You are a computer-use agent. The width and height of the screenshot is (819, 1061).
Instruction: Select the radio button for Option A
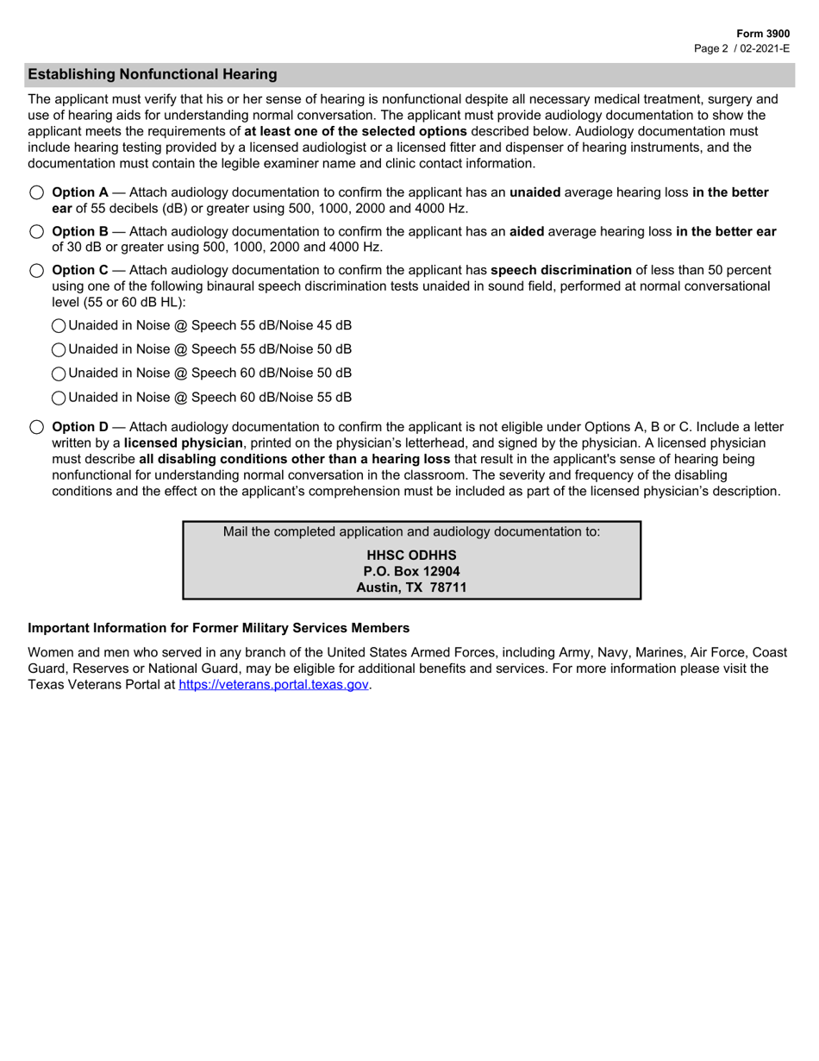click(x=36, y=192)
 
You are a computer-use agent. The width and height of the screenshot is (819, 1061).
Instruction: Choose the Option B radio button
click(x=36, y=231)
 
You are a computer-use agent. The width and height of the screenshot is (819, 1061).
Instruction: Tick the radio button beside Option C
click(x=36, y=270)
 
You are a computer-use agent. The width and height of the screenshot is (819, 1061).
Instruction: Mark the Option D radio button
click(x=36, y=427)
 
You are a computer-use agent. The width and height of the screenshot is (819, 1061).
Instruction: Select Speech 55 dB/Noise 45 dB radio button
click(x=59, y=325)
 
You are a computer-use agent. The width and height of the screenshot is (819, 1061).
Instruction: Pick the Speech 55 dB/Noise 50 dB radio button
click(x=59, y=349)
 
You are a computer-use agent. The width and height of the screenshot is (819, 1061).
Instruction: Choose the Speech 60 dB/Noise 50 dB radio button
click(x=59, y=374)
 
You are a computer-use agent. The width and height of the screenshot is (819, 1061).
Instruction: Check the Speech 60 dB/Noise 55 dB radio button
click(x=59, y=398)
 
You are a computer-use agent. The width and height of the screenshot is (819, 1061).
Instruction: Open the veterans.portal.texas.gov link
click(x=273, y=684)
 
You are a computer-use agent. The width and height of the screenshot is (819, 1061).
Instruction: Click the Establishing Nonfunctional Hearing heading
click(x=153, y=74)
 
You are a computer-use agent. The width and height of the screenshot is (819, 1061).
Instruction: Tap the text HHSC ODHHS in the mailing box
click(x=411, y=555)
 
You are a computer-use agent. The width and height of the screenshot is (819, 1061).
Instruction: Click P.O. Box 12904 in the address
click(x=411, y=571)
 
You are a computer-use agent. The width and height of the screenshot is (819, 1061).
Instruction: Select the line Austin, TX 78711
click(x=411, y=587)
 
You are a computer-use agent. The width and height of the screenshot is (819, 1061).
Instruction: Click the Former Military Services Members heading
click(x=219, y=627)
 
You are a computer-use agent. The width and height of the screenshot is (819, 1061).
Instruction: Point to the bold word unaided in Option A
click(x=535, y=192)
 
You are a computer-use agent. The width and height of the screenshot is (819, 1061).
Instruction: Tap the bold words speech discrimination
click(x=560, y=270)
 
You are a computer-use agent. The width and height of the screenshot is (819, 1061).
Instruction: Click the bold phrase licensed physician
click(x=183, y=443)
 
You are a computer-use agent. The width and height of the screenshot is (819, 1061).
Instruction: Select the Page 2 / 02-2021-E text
click(x=741, y=48)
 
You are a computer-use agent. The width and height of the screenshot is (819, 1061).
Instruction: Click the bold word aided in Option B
click(x=526, y=231)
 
